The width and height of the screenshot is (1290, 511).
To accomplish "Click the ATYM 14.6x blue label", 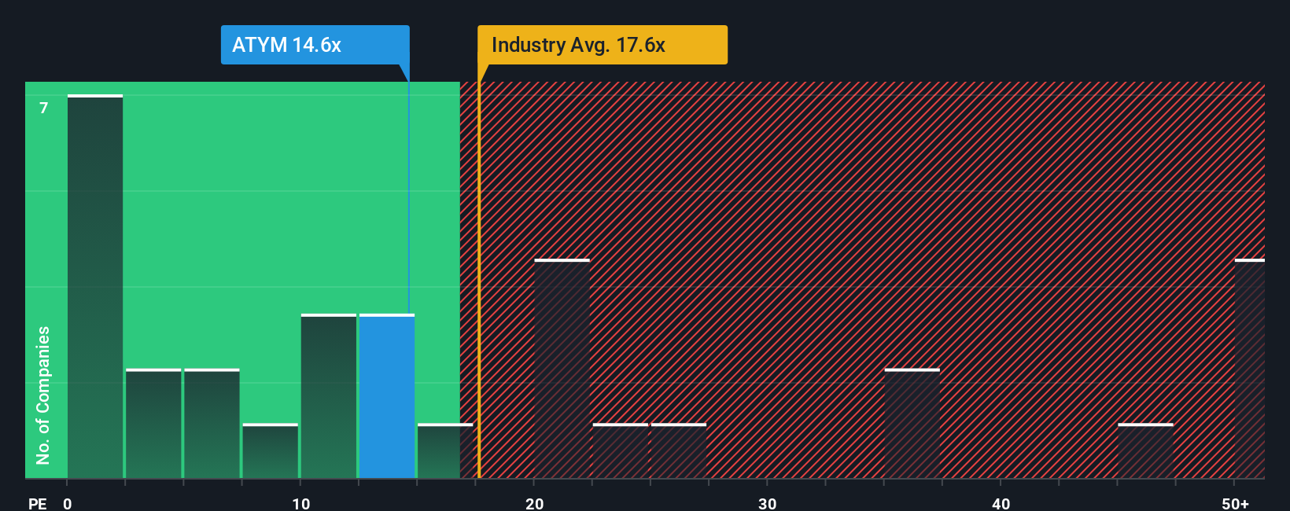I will (315, 45).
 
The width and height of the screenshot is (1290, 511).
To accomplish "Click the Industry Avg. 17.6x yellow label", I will (602, 45).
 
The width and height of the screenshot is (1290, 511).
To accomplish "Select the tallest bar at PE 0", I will (95, 287).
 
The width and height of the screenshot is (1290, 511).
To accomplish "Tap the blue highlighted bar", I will (387, 397).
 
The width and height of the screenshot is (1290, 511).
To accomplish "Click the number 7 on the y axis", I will (44, 108).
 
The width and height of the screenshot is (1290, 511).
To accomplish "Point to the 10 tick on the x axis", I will (301, 503).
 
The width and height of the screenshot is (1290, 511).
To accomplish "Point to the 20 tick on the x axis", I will (535, 503).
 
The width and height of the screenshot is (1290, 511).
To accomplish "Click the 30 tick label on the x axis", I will (768, 503).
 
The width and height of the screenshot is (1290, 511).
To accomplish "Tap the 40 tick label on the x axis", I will (1001, 503).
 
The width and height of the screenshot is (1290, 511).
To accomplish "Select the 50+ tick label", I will (1235, 503).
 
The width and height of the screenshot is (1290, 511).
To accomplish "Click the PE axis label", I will (37, 503).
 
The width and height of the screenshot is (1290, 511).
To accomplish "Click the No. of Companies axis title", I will (43, 395).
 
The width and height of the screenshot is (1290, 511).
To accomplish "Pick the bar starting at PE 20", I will (562, 369).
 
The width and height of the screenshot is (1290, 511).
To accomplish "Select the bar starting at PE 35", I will (912, 425).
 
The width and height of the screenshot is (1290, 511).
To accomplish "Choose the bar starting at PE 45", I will (1145, 452).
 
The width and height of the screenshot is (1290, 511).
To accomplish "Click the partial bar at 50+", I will (1250, 369).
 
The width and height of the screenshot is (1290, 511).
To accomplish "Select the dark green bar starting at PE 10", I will (329, 397).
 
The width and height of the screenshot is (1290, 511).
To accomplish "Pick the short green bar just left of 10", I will (271, 452).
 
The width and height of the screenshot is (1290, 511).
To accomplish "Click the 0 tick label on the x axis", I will (68, 503).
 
